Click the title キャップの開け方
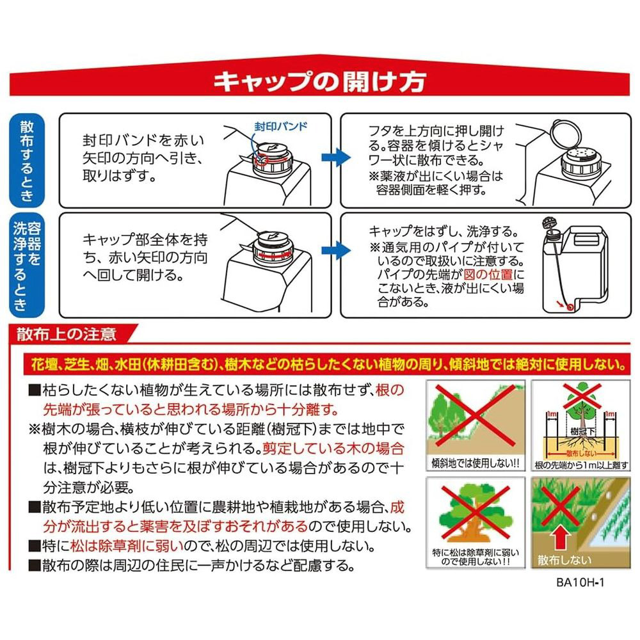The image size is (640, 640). [319, 82]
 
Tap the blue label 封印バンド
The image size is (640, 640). [281, 126]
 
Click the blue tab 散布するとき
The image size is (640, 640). [27, 161]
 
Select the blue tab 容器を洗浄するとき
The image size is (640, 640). [27, 265]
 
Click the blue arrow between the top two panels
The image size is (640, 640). [335, 157]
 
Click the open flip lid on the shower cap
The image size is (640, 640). [566, 134]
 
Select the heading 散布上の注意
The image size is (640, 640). [67, 334]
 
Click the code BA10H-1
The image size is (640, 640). [580, 582]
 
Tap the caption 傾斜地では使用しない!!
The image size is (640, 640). [475, 463]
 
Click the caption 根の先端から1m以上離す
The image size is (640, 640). [581, 465]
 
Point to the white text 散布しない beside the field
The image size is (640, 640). [564, 560]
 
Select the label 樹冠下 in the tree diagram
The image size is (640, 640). [582, 431]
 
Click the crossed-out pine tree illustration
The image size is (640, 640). [475, 512]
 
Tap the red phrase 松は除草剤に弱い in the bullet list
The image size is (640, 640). [127, 546]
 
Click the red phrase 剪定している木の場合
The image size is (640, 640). [333, 449]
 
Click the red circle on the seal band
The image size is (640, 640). [261, 159]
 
